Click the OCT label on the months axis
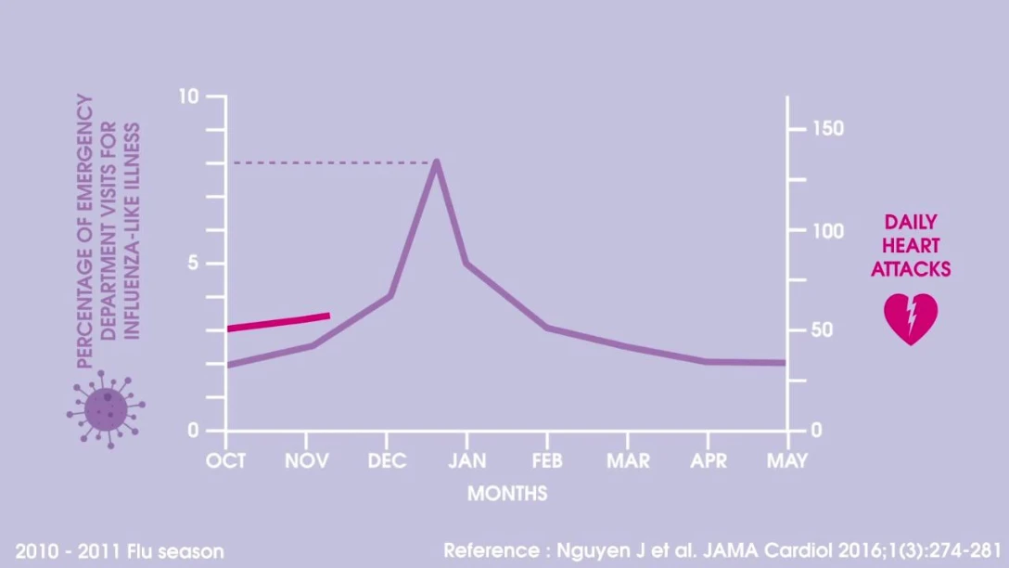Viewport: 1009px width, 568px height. tap(226, 461)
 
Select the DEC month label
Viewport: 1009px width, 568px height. tap(387, 461)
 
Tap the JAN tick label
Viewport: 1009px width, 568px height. tap(466, 461)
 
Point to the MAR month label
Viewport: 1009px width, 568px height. tap(627, 461)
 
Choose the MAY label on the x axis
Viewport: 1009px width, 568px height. tap(786, 461)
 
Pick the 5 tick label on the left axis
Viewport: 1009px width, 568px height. tap(193, 264)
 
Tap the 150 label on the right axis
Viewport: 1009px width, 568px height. tap(825, 128)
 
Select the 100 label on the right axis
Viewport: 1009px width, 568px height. tap(825, 230)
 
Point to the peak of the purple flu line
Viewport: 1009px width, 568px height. tap(436, 163)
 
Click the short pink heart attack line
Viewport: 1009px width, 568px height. tap(278, 322)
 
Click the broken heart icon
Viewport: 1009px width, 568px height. tap(911, 318)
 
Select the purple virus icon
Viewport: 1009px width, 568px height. tap(106, 408)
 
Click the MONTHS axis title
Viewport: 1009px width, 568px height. tap(506, 493)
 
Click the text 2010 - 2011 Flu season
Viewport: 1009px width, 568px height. tap(120, 551)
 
